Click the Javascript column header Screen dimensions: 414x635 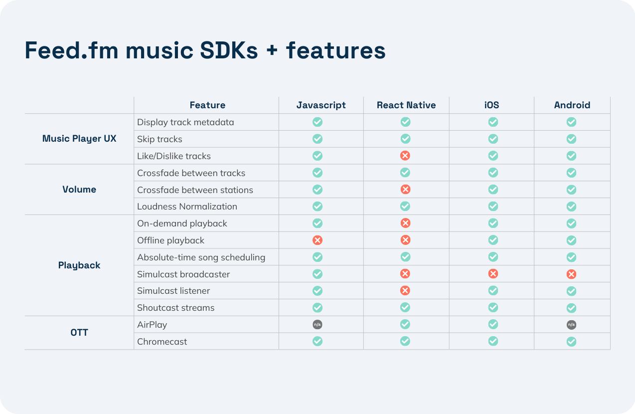pyautogui.click(x=321, y=105)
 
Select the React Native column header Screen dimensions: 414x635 pyautogui.click(x=406, y=105)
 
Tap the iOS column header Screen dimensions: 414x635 pyautogui.click(x=491, y=105)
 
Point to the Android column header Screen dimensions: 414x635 pyautogui.click(x=572, y=105)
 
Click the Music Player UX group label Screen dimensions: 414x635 pyautogui.click(x=79, y=139)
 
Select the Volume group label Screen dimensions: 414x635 pyautogui.click(x=79, y=190)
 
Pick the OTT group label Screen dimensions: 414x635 pyautogui.click(x=79, y=333)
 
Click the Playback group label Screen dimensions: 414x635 pyautogui.click(x=79, y=265)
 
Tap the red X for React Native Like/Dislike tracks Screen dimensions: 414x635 pyautogui.click(x=405, y=156)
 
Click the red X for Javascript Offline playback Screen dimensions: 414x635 pyautogui.click(x=317, y=240)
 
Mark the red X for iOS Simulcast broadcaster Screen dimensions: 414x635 pyautogui.click(x=493, y=273)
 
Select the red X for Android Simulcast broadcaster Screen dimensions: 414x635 pyautogui.click(x=571, y=274)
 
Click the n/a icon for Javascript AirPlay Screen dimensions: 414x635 pyautogui.click(x=317, y=325)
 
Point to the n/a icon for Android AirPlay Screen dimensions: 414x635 pyautogui.click(x=571, y=325)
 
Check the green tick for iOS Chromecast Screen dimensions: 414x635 pyautogui.click(x=493, y=341)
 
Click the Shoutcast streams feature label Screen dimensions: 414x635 pyautogui.click(x=175, y=308)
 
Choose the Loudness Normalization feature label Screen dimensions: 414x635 pyautogui.click(x=187, y=207)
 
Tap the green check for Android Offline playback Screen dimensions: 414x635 pyautogui.click(x=571, y=240)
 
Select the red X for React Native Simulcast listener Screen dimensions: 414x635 pyautogui.click(x=405, y=290)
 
